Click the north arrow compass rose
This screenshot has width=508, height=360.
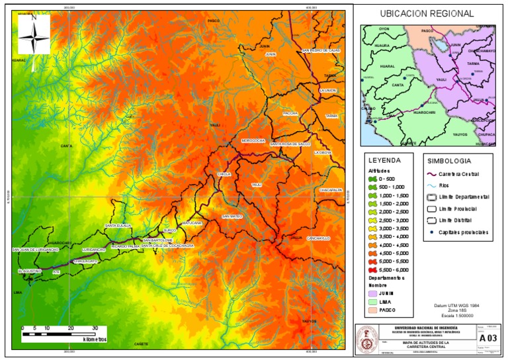[x=33, y=34]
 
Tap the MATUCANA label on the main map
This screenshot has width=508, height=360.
[x=191, y=224]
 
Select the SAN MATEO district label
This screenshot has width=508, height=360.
[x=232, y=216]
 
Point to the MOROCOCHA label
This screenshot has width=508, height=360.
[x=253, y=140]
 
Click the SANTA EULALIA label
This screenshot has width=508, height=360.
[x=118, y=226]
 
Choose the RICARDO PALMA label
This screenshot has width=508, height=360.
[x=125, y=246]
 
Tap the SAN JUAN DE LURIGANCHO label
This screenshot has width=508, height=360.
[x=36, y=250]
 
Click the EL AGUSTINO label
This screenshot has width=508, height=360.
[x=30, y=271]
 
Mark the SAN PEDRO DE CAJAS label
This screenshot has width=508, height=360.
[x=321, y=50]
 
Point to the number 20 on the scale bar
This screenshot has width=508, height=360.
[x=71, y=328]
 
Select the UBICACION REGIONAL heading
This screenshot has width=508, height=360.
[x=427, y=13]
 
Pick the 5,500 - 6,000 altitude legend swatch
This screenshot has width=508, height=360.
[x=374, y=270]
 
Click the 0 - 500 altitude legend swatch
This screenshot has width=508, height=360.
[x=374, y=179]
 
